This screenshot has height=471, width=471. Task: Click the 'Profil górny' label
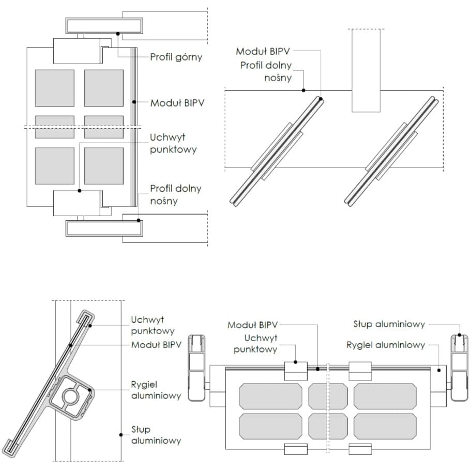pyautogui.click(x=176, y=57)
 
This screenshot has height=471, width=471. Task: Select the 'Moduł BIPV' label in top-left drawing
pyautogui.click(x=177, y=103)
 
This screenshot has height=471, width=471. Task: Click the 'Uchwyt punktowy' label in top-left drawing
pyautogui.click(x=173, y=143)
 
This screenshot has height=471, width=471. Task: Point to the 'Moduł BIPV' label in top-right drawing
pyautogui.click(x=262, y=52)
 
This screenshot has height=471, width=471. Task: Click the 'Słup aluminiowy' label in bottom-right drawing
pyautogui.click(x=389, y=324)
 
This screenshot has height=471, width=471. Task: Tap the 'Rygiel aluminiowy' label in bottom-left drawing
pyautogui.click(x=156, y=390)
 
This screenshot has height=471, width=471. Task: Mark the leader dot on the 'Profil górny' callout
pyautogui.click(x=118, y=34)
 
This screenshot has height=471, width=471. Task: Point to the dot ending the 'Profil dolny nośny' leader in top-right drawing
pyautogui.click(x=303, y=90)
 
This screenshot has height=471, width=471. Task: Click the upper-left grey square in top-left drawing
pyautogui.click(x=54, y=88)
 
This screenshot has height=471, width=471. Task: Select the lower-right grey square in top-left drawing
pyautogui.click(x=104, y=165)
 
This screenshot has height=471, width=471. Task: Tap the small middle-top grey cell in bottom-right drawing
pyautogui.click(x=328, y=397)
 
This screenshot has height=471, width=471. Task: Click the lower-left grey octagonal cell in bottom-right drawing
pyautogui.click(x=270, y=426)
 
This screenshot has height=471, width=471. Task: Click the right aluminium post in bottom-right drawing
pyautogui.click(x=458, y=367)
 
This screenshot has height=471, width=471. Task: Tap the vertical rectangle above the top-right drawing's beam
pyautogui.click(x=367, y=70)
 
